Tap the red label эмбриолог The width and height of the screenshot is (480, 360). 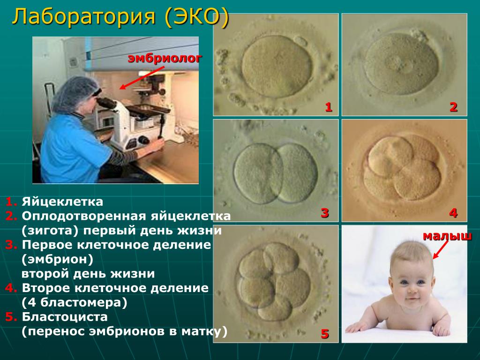(165, 58)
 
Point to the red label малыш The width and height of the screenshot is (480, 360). (447, 236)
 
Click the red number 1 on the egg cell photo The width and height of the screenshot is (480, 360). (329, 107)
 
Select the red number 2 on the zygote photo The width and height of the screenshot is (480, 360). (453, 107)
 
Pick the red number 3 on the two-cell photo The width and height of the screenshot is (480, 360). (325, 213)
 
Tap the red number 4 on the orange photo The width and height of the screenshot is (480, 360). (453, 213)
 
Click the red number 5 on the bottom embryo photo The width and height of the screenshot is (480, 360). (325, 333)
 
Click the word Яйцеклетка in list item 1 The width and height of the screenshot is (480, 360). (62, 202)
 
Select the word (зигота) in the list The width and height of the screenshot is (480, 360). (50, 231)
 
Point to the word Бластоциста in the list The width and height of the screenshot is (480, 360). (65, 317)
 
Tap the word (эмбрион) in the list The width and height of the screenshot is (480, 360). (57, 259)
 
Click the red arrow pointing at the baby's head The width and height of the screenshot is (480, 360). (440, 250)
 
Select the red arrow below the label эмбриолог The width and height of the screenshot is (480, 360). (142, 78)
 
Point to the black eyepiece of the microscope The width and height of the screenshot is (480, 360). (105, 102)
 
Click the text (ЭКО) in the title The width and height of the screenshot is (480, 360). (197, 17)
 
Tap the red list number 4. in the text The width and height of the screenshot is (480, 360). (11, 288)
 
